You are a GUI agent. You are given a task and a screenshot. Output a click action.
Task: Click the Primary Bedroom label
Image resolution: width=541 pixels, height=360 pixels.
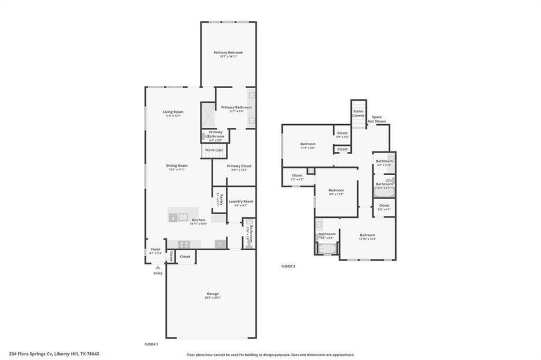[x=228, y=53]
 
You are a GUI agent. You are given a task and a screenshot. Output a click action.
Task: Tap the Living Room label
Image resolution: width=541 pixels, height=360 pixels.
[x=173, y=112]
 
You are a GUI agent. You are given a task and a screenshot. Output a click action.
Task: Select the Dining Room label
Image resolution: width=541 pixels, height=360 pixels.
[x=177, y=166]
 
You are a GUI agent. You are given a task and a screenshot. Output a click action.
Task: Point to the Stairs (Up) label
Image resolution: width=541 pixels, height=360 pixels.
[x=214, y=150]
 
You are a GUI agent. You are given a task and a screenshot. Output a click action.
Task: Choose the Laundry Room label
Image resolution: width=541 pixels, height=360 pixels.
[x=241, y=202]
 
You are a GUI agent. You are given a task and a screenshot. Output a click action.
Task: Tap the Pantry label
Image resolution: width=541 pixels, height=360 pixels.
[x=221, y=199]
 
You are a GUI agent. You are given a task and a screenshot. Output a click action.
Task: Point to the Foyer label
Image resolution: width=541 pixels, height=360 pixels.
[x=156, y=249]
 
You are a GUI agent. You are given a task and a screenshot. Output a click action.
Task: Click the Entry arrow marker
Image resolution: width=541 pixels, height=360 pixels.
[x=158, y=268]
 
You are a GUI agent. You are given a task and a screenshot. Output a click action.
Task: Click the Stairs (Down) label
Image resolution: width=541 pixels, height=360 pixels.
[x=358, y=113]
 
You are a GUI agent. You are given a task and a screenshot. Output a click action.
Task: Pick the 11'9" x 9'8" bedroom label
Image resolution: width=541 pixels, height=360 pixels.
[x=307, y=145]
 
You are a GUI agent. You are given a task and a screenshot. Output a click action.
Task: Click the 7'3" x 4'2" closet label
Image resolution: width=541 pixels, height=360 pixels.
[x=297, y=176]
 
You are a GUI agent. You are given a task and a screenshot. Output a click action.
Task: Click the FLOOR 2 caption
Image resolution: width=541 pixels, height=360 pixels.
[x=288, y=266]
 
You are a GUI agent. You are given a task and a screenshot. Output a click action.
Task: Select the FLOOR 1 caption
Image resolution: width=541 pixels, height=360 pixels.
[x=151, y=344]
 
